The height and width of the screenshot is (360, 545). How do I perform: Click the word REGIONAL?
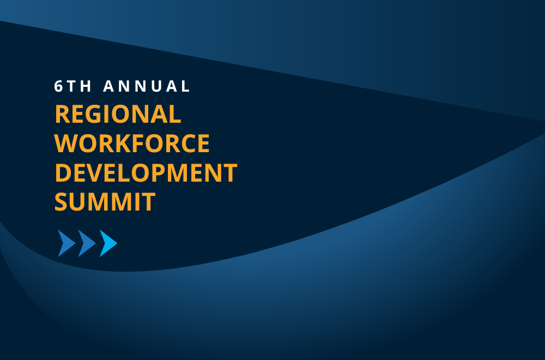click(118, 114)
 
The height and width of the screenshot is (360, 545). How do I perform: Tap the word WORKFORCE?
click(132, 143)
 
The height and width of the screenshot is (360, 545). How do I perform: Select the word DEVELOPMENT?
click(146, 172)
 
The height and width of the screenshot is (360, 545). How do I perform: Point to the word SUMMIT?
click(105, 202)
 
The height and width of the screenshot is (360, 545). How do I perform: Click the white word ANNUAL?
click(146, 86)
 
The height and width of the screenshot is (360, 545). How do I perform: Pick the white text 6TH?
click(72, 86)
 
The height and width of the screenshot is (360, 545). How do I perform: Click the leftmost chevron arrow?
click(66, 243)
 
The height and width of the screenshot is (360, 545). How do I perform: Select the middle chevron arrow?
click(87, 243)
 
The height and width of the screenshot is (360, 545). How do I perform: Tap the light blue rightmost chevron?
click(108, 243)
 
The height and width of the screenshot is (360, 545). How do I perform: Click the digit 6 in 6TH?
click(58, 86)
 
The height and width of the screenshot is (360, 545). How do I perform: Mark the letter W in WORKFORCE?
click(66, 143)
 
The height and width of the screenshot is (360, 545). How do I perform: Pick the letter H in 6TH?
click(86, 86)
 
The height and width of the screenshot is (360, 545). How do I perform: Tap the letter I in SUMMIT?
click(136, 202)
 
